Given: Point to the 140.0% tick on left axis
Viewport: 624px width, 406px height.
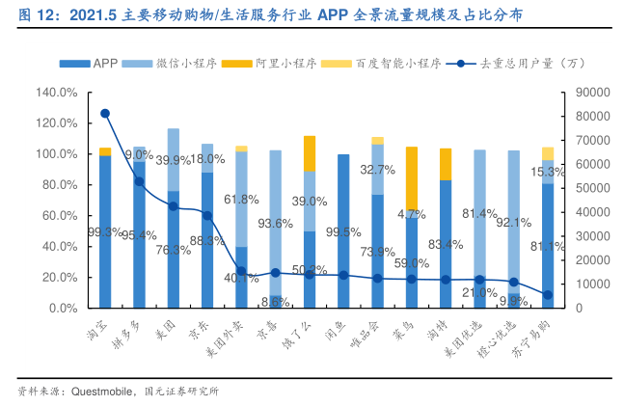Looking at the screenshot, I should [57, 93].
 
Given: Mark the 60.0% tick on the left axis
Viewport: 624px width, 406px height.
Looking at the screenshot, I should [57, 216].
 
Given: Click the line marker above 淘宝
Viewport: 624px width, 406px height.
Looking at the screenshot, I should [105, 114].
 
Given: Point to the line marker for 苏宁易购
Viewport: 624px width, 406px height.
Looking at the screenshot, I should [548, 295].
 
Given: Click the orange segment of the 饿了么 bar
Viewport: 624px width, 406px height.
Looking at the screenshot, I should [310, 153].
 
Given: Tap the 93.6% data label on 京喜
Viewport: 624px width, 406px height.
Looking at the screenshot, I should [276, 224].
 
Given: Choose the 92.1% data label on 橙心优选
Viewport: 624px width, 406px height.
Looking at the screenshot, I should [514, 224].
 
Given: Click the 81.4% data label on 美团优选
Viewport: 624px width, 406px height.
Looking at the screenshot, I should [479, 214].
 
